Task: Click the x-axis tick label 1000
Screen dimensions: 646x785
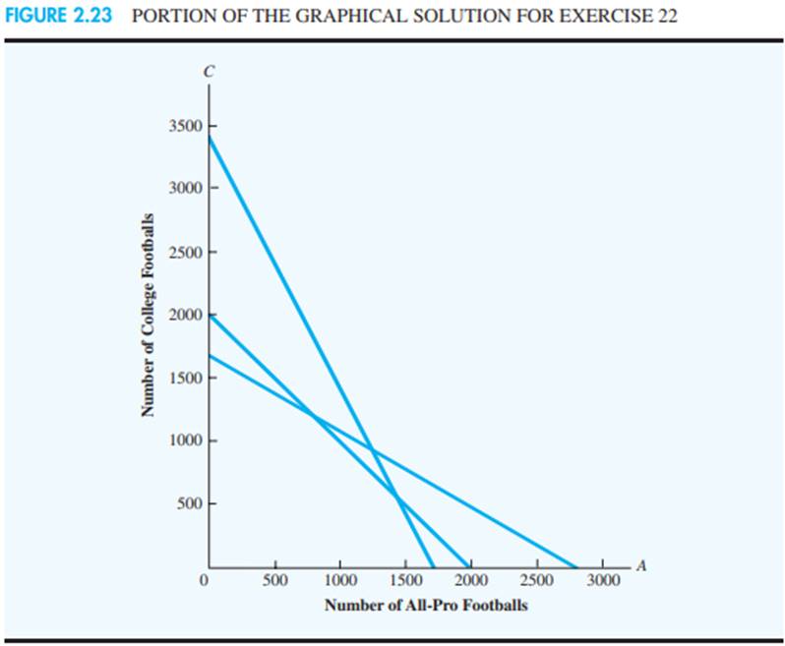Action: coord(340,580)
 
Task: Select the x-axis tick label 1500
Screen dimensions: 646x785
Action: coord(405,580)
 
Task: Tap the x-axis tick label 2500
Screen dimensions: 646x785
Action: coord(537,580)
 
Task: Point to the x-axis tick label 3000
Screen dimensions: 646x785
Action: coord(603,580)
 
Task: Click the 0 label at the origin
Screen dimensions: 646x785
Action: coord(204,580)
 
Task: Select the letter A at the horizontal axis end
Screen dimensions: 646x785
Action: coord(640,564)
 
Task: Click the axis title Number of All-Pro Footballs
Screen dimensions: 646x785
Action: coord(426,605)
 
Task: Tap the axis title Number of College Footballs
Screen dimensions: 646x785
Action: coord(149,314)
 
